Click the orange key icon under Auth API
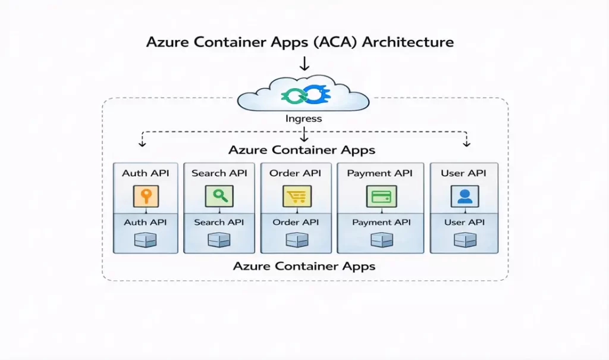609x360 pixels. coord(146,196)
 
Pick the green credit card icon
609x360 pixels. coord(379,196)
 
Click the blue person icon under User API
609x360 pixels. coord(463,196)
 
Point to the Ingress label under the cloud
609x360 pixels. coord(303,118)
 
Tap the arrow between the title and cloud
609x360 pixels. coord(304,64)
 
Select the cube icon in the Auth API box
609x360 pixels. coord(146,239)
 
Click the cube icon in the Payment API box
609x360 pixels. coord(380,239)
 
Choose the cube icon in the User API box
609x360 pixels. coord(463,239)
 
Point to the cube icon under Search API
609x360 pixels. coord(219,239)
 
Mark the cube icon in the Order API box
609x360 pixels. coord(295,239)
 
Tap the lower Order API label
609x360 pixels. coord(295,222)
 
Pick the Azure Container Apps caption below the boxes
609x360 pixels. coord(304,266)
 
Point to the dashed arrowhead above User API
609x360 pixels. coord(466,144)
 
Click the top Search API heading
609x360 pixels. coord(219,173)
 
